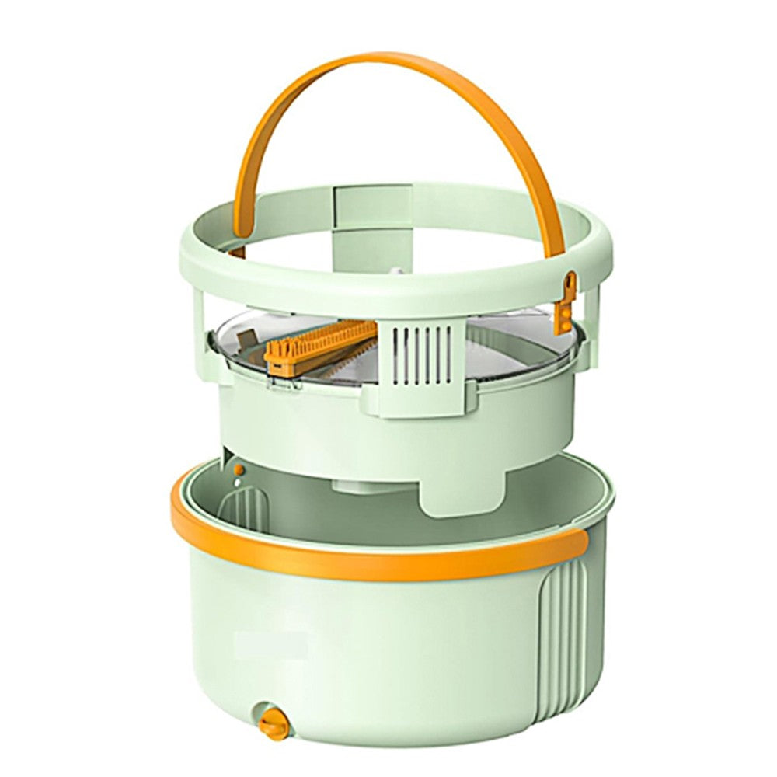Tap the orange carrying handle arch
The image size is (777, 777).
[x=388, y=74]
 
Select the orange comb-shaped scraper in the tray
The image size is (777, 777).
[x=319, y=345]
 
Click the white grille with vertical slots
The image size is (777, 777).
[x=421, y=354]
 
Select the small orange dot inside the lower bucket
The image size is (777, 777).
[x=239, y=470]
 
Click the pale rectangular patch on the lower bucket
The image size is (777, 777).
[x=272, y=644]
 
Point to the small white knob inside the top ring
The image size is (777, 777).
[x=395, y=272]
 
